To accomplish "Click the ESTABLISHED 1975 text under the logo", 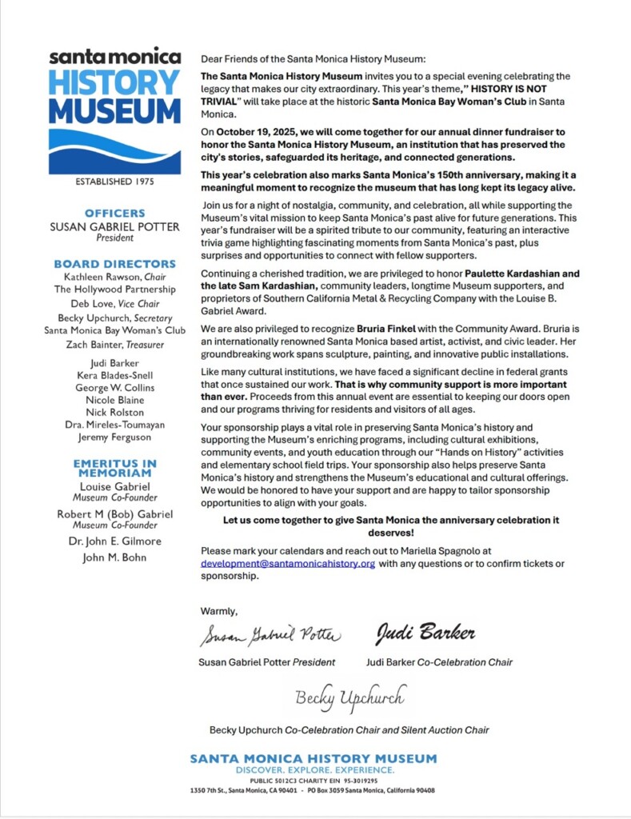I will (114, 182).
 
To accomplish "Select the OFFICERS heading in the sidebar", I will (115, 214).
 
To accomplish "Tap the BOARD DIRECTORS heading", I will (115, 264).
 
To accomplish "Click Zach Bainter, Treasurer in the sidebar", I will (115, 345).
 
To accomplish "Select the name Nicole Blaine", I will (115, 400).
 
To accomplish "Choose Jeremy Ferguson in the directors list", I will (115, 437).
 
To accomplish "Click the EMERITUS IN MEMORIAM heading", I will (115, 469).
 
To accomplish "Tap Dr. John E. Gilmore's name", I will (115, 541).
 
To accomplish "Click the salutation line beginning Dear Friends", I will (314, 59).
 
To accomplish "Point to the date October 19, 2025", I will (249, 130).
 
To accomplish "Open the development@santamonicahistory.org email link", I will (288, 563).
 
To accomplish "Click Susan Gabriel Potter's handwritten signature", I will (270, 636).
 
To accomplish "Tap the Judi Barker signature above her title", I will (425, 634).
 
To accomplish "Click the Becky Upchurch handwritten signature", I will (349, 697).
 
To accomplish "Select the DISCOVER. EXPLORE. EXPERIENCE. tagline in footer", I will (314, 769).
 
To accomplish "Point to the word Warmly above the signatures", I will (219, 611).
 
